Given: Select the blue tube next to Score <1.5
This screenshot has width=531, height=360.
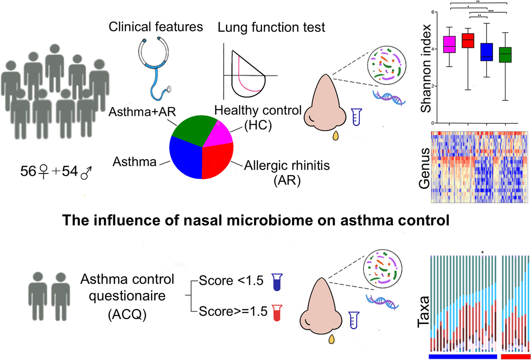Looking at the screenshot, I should click(278, 281).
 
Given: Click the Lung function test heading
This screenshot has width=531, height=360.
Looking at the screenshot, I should click(271, 28).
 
